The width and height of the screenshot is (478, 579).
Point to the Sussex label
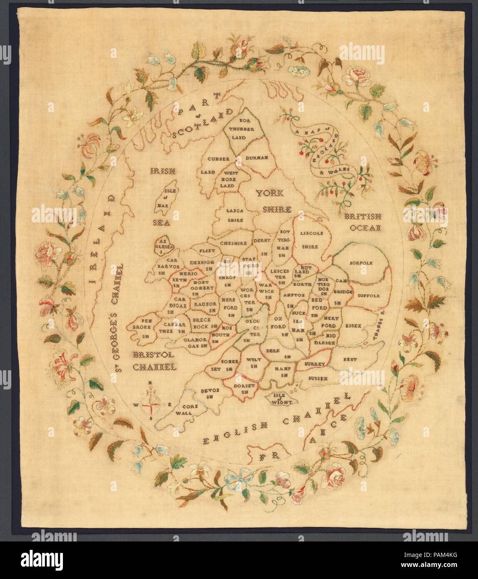[x=319, y=378]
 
